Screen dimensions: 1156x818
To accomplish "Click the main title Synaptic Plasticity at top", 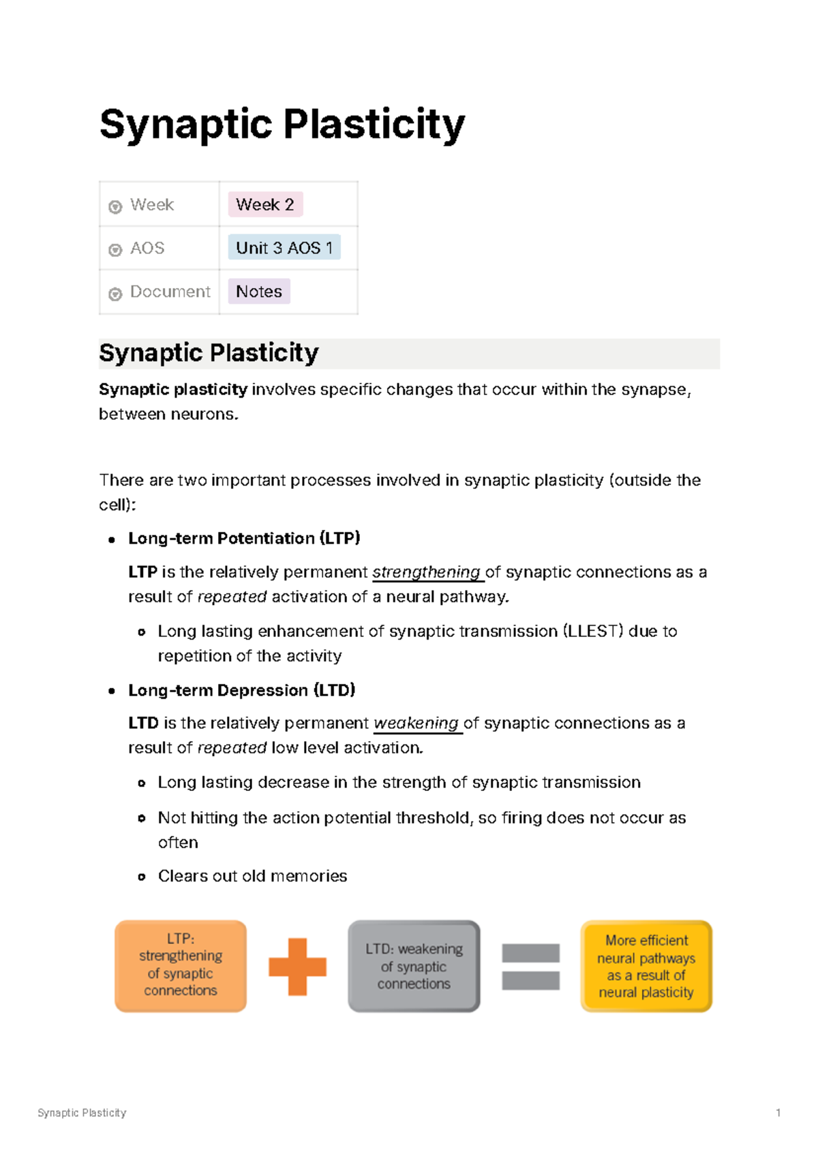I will tap(282, 125).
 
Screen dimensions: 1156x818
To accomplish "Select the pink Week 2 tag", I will tap(264, 204).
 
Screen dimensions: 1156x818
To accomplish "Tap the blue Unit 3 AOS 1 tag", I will tap(284, 248).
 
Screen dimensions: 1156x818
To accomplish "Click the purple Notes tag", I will tap(258, 292).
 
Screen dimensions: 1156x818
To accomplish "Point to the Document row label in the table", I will tap(170, 292).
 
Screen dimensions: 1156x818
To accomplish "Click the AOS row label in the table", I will tap(147, 248).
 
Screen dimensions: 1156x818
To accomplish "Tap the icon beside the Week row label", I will tap(115, 206).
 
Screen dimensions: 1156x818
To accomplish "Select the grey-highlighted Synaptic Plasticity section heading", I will tap(209, 353).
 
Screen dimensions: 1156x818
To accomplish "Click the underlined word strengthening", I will tap(427, 572).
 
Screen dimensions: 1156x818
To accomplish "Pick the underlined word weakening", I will tap(416, 723).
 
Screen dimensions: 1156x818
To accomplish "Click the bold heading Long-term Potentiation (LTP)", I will tap(244, 538).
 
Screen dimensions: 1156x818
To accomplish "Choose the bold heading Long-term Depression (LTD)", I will tap(241, 690).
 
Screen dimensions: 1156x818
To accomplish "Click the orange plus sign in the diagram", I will tap(297, 967).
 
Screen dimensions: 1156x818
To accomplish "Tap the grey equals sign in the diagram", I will tap(530, 967).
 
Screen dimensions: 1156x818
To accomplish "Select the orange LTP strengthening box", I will tap(181, 966).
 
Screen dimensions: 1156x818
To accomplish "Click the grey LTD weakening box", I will tap(414, 966).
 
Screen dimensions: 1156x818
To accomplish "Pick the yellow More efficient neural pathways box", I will tap(646, 966).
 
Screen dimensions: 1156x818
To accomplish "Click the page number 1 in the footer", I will tap(778, 1112).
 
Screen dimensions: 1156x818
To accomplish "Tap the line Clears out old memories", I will tap(252, 876).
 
